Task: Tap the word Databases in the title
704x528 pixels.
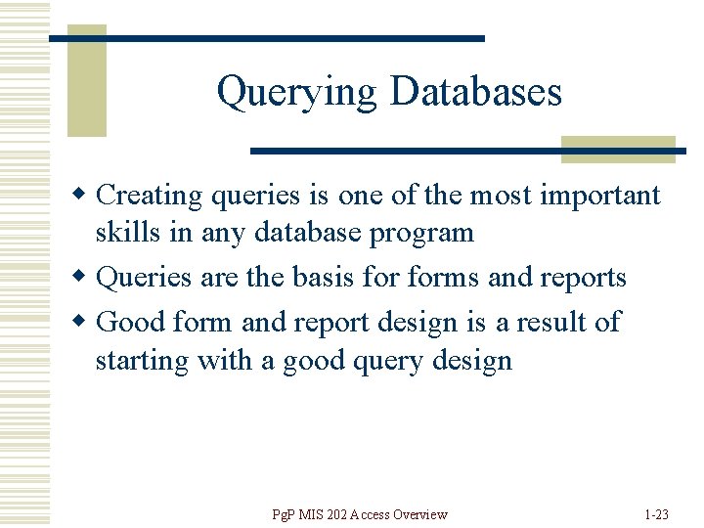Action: coord(475,92)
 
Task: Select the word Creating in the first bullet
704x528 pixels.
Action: coord(149,196)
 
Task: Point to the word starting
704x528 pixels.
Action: coord(142,361)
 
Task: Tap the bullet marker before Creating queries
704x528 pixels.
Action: coord(87,196)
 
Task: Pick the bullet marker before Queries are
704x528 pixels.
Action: coord(87,278)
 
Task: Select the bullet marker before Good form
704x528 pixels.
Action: coord(87,322)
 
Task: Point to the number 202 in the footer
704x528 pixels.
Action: coord(346,514)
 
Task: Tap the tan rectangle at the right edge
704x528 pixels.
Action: coord(618,149)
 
